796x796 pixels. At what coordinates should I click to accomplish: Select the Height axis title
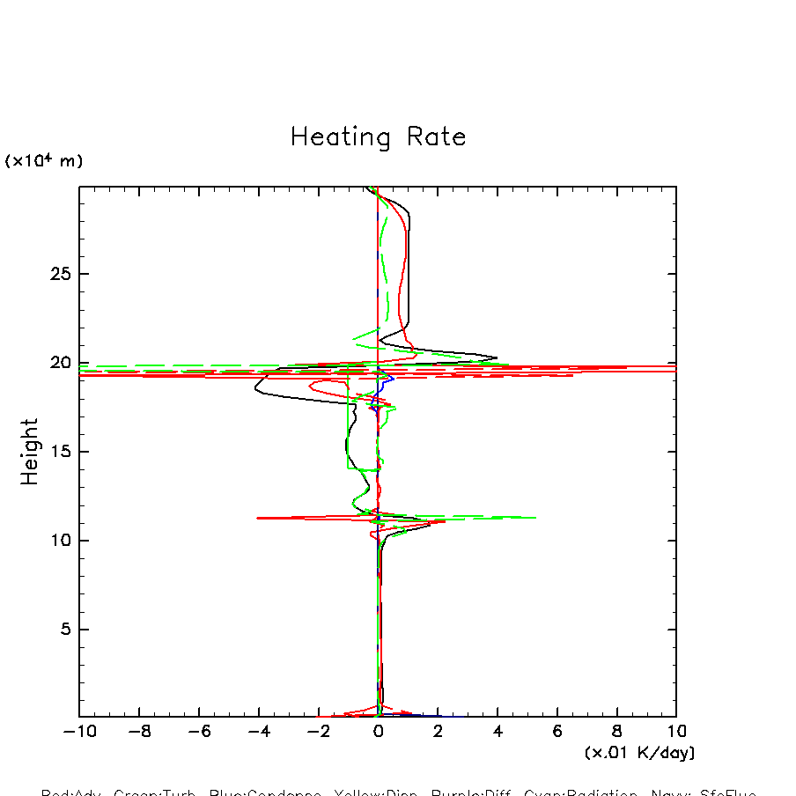[x=31, y=451]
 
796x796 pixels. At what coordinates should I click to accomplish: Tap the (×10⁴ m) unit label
[x=44, y=161]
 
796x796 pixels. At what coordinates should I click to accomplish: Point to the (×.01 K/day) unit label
[x=639, y=753]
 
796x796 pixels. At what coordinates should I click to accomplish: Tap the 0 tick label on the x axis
[x=378, y=732]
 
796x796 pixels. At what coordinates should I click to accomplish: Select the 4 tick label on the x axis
[x=497, y=732]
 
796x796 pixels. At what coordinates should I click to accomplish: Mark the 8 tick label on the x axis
[x=616, y=732]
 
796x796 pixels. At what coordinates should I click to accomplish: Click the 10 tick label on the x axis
[x=676, y=732]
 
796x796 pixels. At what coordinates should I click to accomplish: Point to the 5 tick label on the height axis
[x=63, y=630]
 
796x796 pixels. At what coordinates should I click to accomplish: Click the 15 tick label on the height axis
[x=58, y=452]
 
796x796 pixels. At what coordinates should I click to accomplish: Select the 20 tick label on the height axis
[x=58, y=363]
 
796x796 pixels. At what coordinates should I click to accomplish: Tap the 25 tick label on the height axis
[x=58, y=274]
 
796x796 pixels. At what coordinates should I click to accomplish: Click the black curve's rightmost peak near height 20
[x=497, y=358]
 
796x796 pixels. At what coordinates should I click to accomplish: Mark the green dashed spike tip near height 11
[x=536, y=518]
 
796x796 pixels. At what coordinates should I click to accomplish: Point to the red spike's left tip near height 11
[x=256, y=518]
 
